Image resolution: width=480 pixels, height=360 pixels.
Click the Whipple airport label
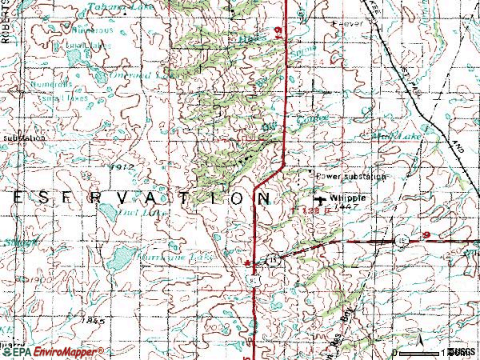click(x=349, y=198)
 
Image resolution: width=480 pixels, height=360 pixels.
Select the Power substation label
click(x=350, y=176)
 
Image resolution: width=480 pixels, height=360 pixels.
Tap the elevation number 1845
click(x=93, y=320)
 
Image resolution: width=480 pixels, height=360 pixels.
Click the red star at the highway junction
click(x=248, y=261)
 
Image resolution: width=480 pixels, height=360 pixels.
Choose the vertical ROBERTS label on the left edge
click(x=4, y=24)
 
